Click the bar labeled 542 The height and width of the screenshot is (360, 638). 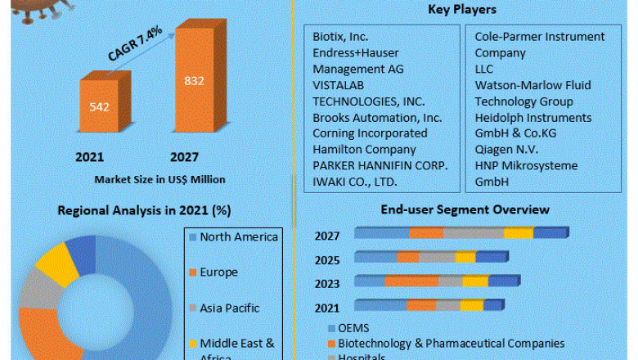pos(100,107)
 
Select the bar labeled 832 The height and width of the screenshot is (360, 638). pos(194,82)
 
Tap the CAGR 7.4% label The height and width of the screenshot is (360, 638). pos(135,44)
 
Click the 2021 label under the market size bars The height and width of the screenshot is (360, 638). pos(90,156)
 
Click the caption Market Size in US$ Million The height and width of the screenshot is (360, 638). pos(159,178)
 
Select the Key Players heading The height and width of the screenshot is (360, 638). pos(461,10)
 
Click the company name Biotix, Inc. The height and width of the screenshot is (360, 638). pos(340,37)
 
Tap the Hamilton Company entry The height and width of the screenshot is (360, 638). pos(364,149)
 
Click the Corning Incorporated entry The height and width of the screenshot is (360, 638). pos(370,133)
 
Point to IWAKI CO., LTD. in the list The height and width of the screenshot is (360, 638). pos(355,181)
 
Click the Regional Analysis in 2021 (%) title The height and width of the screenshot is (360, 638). pos(144,210)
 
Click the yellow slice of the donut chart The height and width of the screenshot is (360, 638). pos(57,263)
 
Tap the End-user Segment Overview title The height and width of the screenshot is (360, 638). pos(465,210)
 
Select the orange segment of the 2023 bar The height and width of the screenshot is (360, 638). pos(411,281)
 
